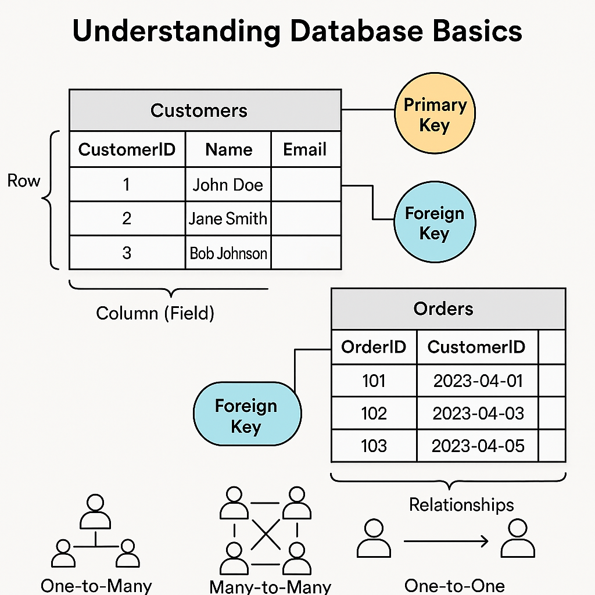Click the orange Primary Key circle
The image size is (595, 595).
pyautogui.click(x=435, y=114)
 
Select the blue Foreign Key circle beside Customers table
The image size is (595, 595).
pyautogui.click(x=435, y=223)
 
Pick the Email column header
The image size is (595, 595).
pyautogui.click(x=305, y=149)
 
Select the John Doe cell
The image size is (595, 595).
pyautogui.click(x=228, y=185)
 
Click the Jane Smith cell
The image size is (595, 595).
pyautogui.click(x=228, y=218)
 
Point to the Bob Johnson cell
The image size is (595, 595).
pyautogui.click(x=228, y=253)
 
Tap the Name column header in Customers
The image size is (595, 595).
pyautogui.click(x=228, y=149)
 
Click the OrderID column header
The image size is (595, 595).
pyautogui.click(x=374, y=347)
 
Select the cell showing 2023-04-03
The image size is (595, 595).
pyautogui.click(x=478, y=413)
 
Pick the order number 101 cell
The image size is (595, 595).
pyautogui.click(x=374, y=381)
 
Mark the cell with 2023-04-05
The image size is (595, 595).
pyautogui.click(x=478, y=446)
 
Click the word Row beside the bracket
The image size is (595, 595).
pyautogui.click(x=24, y=181)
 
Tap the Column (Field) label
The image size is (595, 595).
pyautogui.click(x=155, y=313)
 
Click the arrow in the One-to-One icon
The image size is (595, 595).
pyautogui.click(x=446, y=542)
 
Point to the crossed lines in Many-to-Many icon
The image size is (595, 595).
pyautogui.click(x=265, y=531)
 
